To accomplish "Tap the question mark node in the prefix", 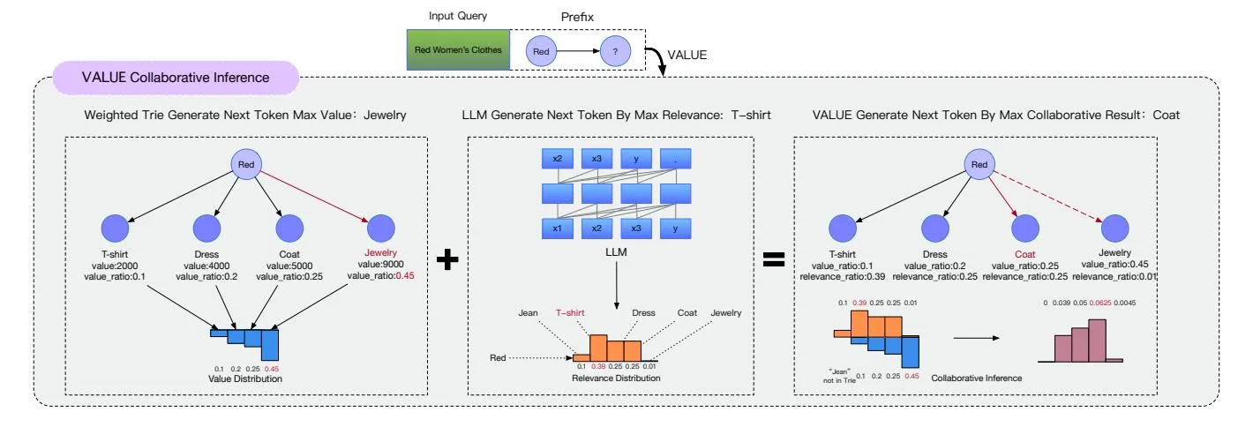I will tap(616, 52).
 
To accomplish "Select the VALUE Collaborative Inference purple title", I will tap(176, 78).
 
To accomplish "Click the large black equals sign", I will tap(774, 260).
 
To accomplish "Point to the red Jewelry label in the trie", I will tap(381, 253).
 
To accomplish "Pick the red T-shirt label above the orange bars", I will tap(571, 312).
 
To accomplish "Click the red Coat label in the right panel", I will tap(1023, 253).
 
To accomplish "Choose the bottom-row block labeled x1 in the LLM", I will tap(558, 228).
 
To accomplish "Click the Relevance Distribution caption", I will tap(616, 378).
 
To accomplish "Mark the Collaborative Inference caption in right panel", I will tap(977, 378).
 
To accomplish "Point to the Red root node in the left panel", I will tap(248, 164).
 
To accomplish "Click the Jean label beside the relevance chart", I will tap(527, 312).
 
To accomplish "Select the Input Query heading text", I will tap(458, 17).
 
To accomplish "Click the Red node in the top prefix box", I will tap(542, 52).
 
